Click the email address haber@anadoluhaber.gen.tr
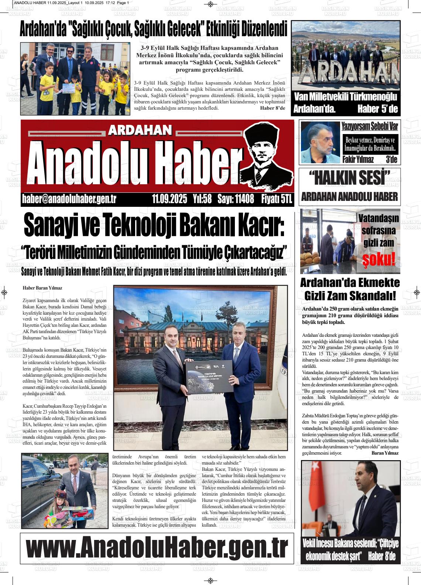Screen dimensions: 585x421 click(69, 199)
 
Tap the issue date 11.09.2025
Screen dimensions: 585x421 click(170, 199)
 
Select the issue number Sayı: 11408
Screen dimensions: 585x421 click(236, 199)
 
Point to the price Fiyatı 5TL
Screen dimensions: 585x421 click(276, 199)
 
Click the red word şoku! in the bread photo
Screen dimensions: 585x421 click(380, 259)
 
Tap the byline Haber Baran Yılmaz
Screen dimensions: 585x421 click(42, 288)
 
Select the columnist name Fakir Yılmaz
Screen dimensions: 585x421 click(358, 160)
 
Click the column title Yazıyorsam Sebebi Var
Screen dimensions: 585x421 click(369, 126)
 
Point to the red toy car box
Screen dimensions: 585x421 click(83, 513)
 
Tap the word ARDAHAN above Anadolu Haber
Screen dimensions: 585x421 click(140, 130)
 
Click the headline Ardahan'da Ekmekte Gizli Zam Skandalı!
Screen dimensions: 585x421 click(349, 289)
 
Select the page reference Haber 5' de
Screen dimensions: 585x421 click(377, 109)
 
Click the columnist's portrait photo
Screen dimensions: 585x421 click(320, 142)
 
